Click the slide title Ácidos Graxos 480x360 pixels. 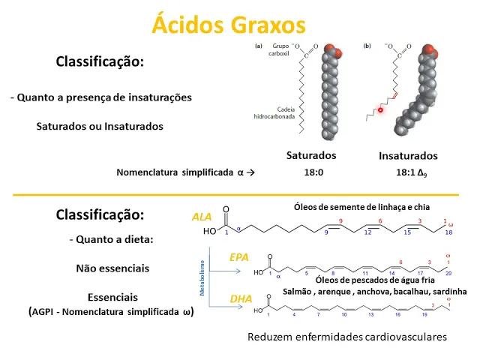pos(229,24)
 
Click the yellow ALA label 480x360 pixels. pos(202,217)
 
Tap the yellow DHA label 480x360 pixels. pos(241,298)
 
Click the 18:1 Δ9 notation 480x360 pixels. pos(406,172)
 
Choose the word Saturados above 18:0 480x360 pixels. pos(311,155)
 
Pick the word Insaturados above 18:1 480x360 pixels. pos(408,156)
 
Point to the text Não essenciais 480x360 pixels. pos(112,268)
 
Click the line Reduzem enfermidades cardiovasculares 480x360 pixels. pos(347,337)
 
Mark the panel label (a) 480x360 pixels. pos(259,46)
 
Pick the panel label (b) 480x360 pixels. pos(367,46)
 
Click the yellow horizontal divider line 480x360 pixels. pos(240,195)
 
